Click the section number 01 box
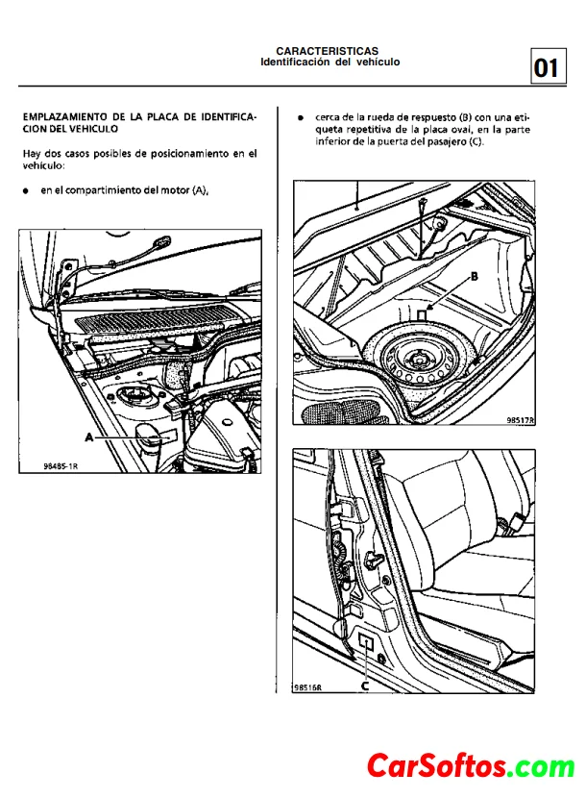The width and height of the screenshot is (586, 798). coord(546,67)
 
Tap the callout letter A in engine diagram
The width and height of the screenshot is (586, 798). coord(89,436)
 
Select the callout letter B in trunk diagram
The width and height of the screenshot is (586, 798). coord(474,275)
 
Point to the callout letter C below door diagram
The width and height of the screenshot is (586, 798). coord(365,686)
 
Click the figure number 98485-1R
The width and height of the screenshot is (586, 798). coord(61,465)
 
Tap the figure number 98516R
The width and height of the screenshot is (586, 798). coord(308,686)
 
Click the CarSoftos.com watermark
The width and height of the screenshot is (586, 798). coord(471,766)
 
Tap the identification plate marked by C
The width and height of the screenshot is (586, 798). coord(366,643)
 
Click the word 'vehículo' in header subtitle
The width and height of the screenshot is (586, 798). coord(378,62)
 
